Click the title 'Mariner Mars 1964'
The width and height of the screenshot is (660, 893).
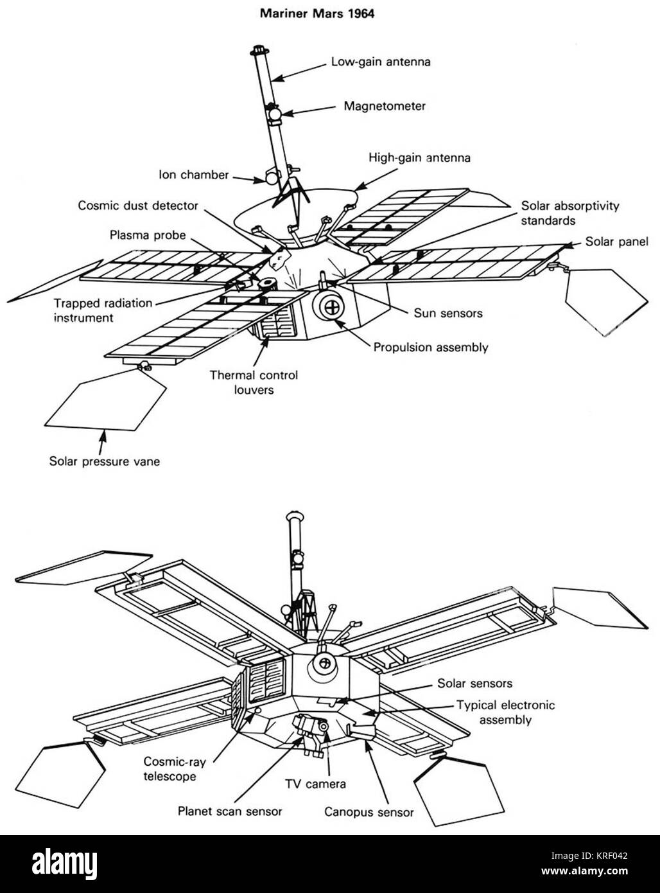(x=317, y=13)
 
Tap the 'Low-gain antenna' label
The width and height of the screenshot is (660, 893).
(x=380, y=62)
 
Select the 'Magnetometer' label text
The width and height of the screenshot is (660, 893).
(x=384, y=106)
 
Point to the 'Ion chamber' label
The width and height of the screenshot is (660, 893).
(x=194, y=175)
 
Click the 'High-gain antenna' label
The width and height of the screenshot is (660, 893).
(x=419, y=157)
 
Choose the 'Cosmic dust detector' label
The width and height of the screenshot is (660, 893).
(x=138, y=206)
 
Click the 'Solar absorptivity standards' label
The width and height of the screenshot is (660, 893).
(x=570, y=213)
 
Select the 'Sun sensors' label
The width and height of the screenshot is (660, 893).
(x=447, y=313)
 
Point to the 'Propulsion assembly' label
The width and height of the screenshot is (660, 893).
(x=431, y=348)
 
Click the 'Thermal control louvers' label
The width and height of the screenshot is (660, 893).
(x=254, y=382)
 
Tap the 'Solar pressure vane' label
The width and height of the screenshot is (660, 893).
(x=105, y=461)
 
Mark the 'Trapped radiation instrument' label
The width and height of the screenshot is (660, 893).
(x=103, y=310)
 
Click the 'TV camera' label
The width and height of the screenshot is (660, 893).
(x=315, y=784)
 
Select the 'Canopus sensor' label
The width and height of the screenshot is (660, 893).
(x=369, y=812)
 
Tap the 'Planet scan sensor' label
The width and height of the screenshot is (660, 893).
(x=230, y=811)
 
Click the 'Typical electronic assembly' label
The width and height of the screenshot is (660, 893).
(x=505, y=712)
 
